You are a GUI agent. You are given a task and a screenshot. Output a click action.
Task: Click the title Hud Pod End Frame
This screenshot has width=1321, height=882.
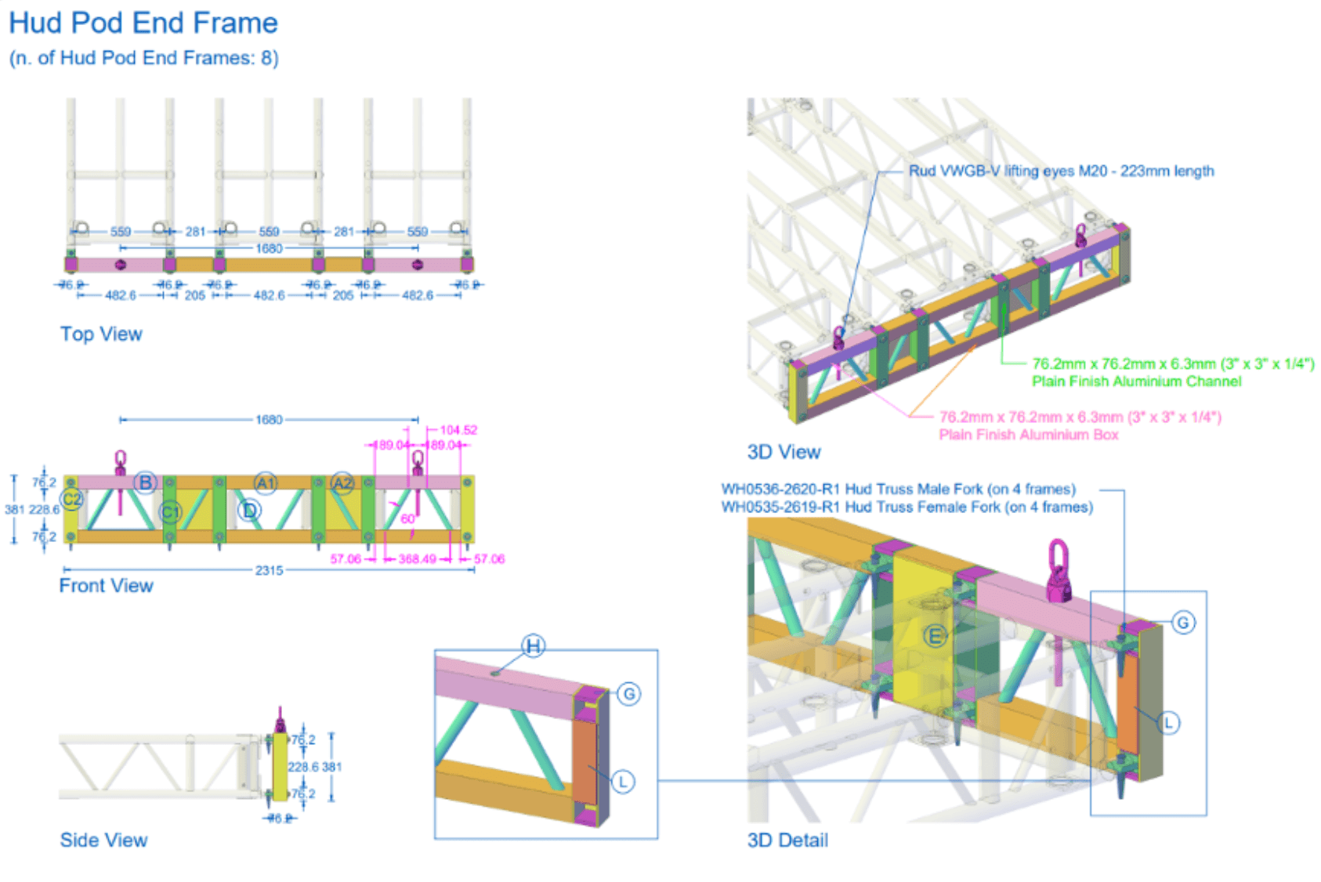click(143, 23)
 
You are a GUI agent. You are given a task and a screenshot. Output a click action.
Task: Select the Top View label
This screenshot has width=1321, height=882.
click(101, 334)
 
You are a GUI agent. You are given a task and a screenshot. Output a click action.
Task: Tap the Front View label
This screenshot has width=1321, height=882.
click(106, 585)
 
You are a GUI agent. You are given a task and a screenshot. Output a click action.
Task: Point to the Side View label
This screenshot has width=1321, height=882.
click(103, 840)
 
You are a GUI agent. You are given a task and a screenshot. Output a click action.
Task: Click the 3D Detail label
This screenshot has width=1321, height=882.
click(787, 840)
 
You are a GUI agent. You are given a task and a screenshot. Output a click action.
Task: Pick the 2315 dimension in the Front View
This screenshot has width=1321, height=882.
click(269, 570)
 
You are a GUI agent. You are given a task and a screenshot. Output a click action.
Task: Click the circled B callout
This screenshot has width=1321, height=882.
click(145, 483)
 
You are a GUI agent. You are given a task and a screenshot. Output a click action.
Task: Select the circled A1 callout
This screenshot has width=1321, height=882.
click(266, 483)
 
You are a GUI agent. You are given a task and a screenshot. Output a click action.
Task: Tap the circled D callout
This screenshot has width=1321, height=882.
click(249, 511)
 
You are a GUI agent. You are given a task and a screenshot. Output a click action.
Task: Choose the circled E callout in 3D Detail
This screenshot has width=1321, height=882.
click(934, 636)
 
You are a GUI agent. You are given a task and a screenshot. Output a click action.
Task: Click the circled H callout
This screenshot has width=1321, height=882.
click(534, 646)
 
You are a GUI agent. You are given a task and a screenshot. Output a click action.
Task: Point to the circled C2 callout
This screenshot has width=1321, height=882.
click(72, 499)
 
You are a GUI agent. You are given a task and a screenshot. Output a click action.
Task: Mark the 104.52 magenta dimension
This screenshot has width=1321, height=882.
click(458, 430)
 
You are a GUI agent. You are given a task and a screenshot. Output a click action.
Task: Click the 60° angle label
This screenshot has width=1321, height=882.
click(408, 519)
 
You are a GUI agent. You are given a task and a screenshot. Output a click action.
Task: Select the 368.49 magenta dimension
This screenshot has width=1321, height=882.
click(417, 559)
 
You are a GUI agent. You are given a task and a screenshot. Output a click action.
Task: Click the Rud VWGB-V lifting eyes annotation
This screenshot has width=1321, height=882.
click(1061, 171)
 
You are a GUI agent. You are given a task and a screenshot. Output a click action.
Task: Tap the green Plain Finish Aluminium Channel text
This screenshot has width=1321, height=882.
click(1136, 381)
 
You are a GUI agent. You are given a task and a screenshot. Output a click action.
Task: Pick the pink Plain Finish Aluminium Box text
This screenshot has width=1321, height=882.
click(1029, 435)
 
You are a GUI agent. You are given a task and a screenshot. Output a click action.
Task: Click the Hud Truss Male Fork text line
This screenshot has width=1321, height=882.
click(898, 489)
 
